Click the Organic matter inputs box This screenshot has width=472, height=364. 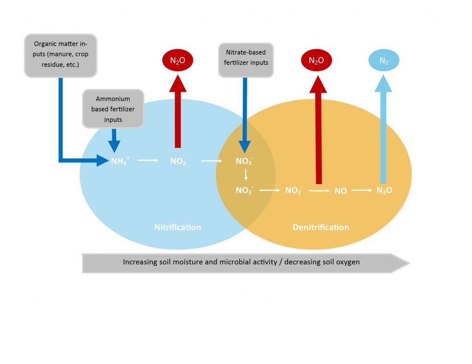[60, 55]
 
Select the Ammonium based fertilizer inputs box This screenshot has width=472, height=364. [113, 109]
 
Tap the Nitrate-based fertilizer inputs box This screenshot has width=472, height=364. [246, 58]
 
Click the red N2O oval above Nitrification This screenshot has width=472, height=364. [178, 60]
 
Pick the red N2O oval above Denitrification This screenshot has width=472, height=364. [316, 60]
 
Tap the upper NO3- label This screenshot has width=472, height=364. [245, 162]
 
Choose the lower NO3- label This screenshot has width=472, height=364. [244, 191]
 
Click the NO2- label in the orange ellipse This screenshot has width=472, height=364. [294, 191]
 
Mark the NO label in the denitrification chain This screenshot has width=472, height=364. [341, 191]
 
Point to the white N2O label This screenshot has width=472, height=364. [384, 191]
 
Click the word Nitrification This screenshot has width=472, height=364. [177, 227]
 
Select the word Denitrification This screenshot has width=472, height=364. [321, 227]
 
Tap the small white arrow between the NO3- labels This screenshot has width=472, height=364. [246, 175]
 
